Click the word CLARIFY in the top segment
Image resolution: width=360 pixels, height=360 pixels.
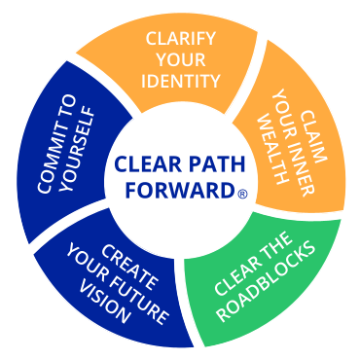[181, 39]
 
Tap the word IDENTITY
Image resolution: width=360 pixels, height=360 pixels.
[181, 81]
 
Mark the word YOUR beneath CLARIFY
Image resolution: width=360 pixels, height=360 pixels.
[181, 59]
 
